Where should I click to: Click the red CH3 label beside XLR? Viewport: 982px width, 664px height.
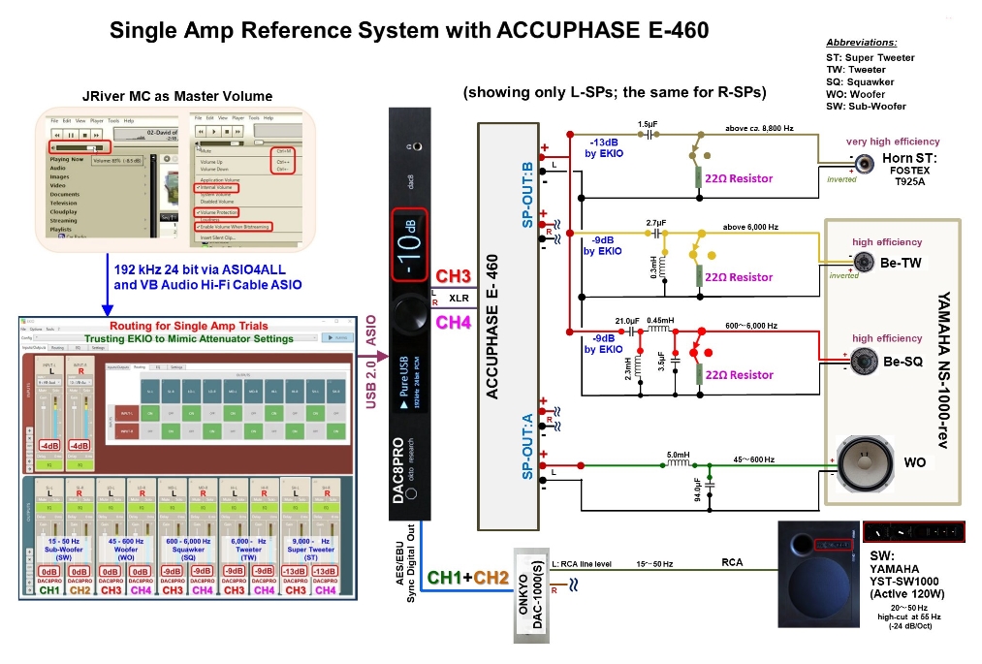[x=454, y=274]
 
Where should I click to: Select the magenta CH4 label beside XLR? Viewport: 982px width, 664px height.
[x=454, y=321]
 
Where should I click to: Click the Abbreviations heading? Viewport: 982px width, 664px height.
[x=861, y=43]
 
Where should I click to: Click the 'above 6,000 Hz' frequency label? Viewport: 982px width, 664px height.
[x=752, y=227]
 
